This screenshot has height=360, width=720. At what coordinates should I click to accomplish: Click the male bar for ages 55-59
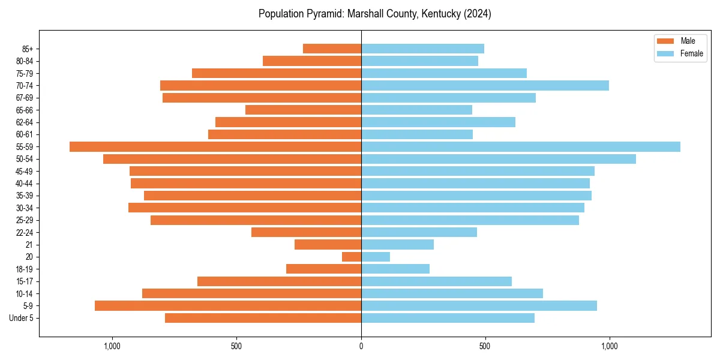(215, 146)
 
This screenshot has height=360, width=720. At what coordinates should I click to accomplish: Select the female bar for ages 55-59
(521, 146)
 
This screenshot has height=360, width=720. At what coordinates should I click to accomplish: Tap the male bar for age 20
(352, 257)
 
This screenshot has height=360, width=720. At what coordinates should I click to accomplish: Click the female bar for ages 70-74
(485, 85)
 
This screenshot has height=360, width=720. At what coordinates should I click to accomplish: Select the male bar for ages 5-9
(228, 305)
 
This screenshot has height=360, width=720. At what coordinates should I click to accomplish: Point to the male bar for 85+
(332, 49)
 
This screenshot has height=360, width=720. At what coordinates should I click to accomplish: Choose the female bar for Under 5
(448, 318)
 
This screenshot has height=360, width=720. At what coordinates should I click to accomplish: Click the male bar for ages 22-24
(306, 232)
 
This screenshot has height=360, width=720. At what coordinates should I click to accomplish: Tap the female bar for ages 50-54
(499, 159)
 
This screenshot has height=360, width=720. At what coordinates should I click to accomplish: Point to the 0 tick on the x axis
(361, 346)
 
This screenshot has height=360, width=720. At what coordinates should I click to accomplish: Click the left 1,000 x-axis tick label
(112, 346)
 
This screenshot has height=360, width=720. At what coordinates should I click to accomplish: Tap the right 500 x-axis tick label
(485, 346)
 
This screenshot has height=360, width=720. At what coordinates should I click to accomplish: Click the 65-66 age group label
(25, 110)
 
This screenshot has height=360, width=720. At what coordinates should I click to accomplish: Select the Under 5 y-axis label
(21, 318)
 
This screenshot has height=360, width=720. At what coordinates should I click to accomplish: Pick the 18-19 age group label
(25, 269)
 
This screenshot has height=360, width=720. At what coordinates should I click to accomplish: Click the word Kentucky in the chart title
(425, 14)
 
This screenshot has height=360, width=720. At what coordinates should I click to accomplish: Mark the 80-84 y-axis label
(25, 61)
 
